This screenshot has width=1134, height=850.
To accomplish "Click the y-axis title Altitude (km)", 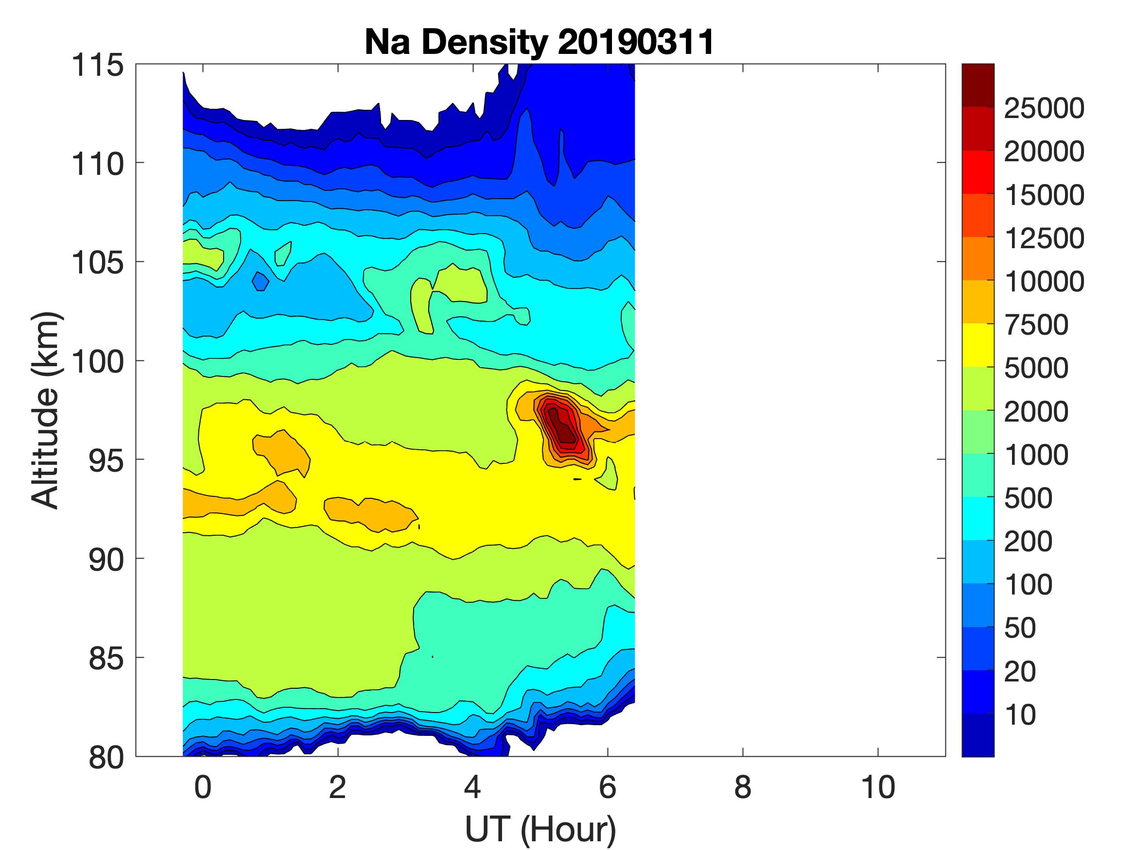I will click(x=46, y=410).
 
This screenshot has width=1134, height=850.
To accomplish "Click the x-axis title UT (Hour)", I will click(x=541, y=828).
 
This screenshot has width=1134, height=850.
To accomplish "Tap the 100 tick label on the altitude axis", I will click(x=97, y=362).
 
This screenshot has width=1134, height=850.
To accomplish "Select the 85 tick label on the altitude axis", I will click(x=106, y=658).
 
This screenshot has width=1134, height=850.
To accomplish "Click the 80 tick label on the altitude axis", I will click(x=106, y=757).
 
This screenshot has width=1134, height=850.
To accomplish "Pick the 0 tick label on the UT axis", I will click(x=203, y=787).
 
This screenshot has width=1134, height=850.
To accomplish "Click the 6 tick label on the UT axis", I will click(x=608, y=787).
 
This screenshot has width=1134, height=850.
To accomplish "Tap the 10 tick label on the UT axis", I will click(x=878, y=787).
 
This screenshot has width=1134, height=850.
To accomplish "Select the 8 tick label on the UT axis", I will click(x=743, y=787).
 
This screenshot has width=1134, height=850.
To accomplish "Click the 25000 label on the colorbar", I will click(x=1044, y=109).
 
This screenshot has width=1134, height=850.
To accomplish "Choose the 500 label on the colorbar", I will click(x=1029, y=498).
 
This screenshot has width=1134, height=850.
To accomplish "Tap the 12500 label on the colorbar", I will click(x=1044, y=238).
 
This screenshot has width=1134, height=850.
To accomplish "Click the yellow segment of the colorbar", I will click(x=977, y=345).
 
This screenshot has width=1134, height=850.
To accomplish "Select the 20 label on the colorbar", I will click(x=1020, y=671).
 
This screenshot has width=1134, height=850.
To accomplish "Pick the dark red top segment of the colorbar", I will click(x=977, y=85).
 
